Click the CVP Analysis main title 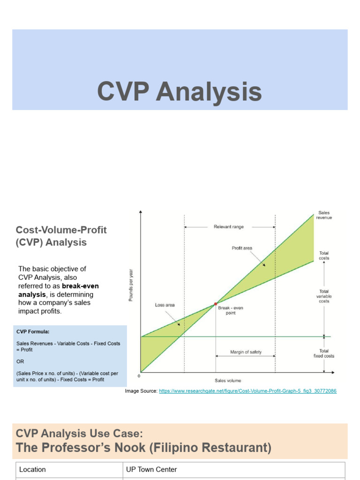[x=180, y=91]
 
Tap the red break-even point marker [x=216, y=304]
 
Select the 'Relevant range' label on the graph [x=228, y=227]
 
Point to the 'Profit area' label [x=242, y=248]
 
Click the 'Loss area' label [x=165, y=305]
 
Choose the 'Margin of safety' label [x=246, y=352]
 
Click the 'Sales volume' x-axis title [x=228, y=380]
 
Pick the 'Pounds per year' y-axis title [x=131, y=285]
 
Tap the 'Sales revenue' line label [x=324, y=215]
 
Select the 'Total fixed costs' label [x=324, y=353]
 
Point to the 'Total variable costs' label [x=324, y=296]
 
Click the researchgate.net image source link [x=247, y=390]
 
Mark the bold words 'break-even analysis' [x=59, y=290]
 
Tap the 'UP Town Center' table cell [x=151, y=469]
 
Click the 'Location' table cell [x=32, y=469]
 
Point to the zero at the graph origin [x=139, y=376]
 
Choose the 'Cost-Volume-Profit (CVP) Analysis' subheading [x=61, y=236]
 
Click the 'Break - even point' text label [x=229, y=310]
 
